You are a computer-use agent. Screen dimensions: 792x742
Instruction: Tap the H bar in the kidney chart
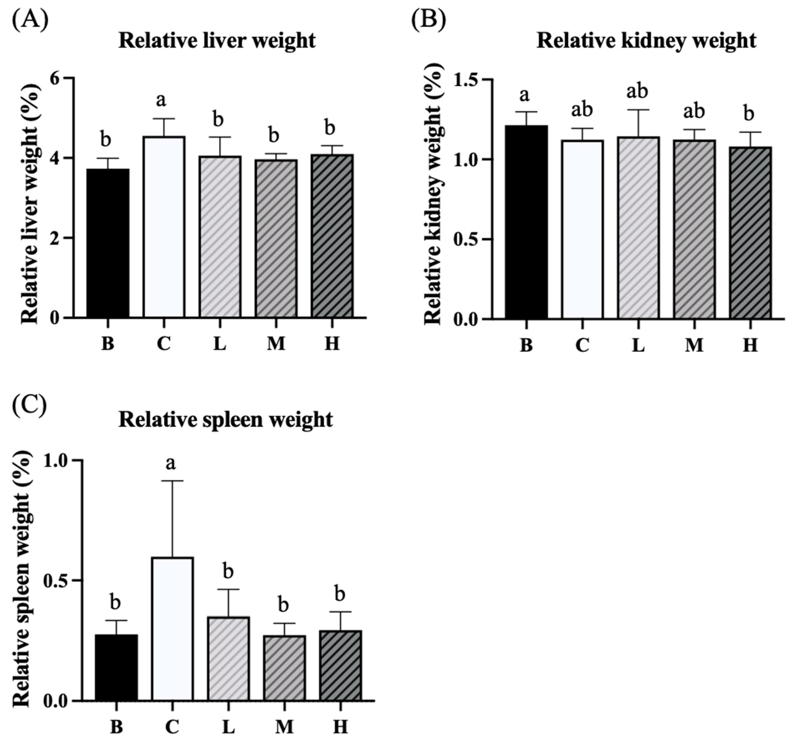(x=750, y=233)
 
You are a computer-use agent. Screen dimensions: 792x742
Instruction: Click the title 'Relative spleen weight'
(x=225, y=420)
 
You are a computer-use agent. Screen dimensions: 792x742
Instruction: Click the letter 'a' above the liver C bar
(x=161, y=101)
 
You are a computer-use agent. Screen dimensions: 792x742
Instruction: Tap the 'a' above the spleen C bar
(x=171, y=464)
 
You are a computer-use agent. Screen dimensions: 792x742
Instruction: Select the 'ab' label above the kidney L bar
(x=637, y=91)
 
